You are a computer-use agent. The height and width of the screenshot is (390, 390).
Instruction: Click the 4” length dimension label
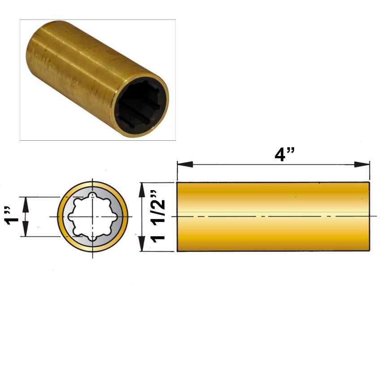(284, 154)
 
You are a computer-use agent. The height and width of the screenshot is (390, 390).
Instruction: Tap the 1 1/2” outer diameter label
(158, 217)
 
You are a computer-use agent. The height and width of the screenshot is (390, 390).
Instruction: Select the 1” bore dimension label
(13, 216)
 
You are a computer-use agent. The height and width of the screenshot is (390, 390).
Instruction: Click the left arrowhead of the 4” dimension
(185, 165)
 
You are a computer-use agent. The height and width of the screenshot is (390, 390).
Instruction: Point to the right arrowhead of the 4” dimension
(362, 165)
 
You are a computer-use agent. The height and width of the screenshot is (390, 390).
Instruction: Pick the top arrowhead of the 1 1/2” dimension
(142, 190)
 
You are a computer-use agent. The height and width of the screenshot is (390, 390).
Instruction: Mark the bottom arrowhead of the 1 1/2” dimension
(142, 243)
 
